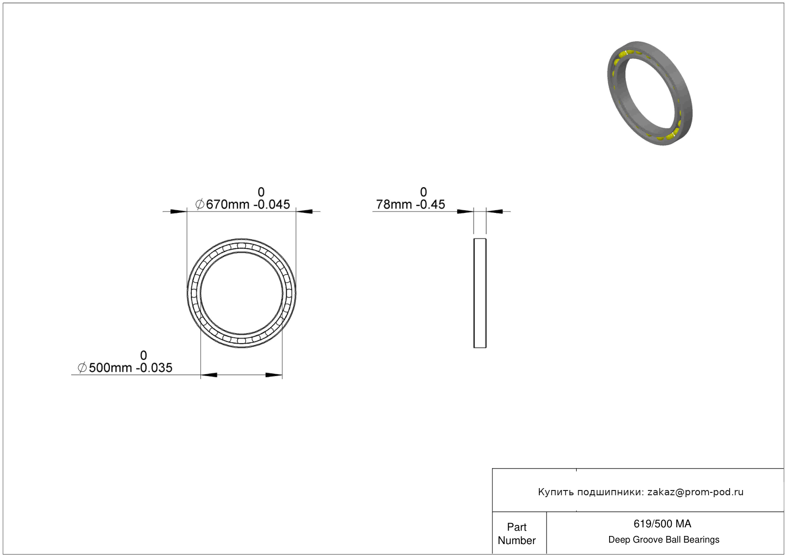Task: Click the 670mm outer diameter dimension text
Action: click(x=227, y=204)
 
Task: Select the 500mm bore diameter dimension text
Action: click(x=110, y=368)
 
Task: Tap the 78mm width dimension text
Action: click(x=394, y=204)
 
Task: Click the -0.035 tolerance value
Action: click(x=154, y=368)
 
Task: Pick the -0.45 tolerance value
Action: click(x=431, y=204)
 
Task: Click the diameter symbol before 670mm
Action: click(x=200, y=204)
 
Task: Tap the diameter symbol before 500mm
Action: click(x=82, y=368)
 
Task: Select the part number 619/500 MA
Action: click(x=662, y=524)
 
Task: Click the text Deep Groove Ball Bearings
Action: click(x=664, y=540)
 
